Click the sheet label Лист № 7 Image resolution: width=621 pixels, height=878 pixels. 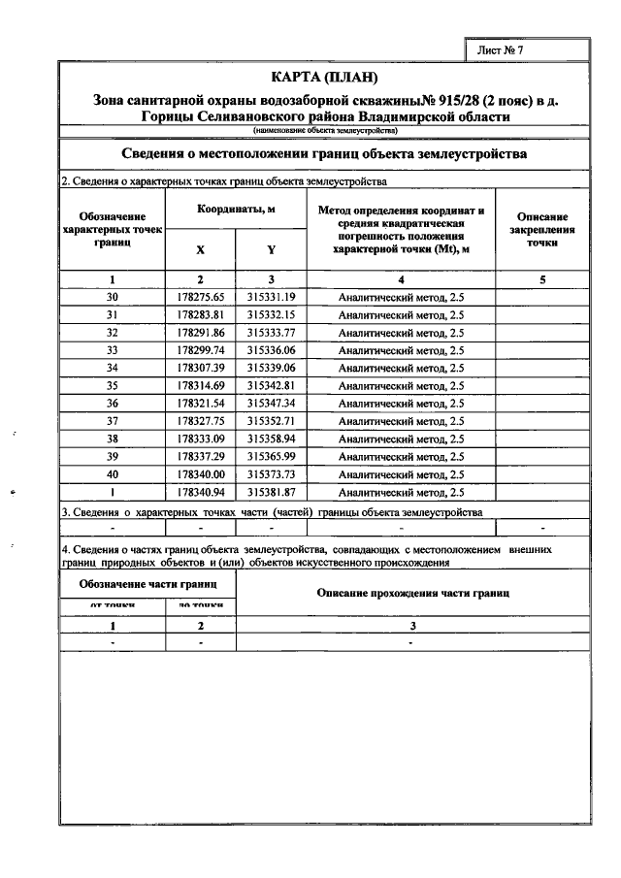[504, 49]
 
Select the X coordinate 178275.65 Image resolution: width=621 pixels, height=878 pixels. [201, 297]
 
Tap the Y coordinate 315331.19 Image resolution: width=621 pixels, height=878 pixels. [271, 297]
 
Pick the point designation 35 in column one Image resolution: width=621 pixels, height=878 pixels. [113, 385]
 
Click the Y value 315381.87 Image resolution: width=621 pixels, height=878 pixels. [271, 492]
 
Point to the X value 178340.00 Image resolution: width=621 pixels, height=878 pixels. [201, 474]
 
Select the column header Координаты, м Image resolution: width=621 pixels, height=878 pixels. [237, 210]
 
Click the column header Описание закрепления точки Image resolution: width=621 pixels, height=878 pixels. [542, 231]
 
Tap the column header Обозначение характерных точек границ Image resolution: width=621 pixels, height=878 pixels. [113, 231]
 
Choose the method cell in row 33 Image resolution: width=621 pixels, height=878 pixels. [401, 350]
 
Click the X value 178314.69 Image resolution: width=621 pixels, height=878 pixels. [201, 385]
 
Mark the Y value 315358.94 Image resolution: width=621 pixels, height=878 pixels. [271, 439]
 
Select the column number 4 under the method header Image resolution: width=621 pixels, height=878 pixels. [401, 279]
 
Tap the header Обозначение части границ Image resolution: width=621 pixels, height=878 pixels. [147, 584]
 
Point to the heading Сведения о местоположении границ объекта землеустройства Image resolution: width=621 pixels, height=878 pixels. [325, 154]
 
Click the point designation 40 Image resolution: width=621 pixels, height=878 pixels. [113, 474]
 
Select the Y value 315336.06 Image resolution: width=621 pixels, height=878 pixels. [271, 350]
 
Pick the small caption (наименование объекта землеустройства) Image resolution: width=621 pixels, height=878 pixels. [325, 130]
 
